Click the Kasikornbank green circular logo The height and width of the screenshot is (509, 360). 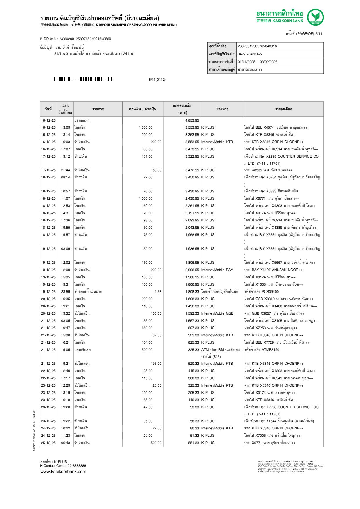click(x=315, y=17)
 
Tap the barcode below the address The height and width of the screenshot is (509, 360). click(x=83, y=79)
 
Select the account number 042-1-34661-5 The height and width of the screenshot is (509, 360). click(x=249, y=54)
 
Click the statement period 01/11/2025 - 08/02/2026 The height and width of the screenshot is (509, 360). click(x=257, y=62)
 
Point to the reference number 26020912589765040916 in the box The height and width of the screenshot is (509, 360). click(x=257, y=46)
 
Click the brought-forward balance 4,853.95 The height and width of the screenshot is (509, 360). click(x=192, y=120)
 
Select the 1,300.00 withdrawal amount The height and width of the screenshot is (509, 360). click(x=145, y=127)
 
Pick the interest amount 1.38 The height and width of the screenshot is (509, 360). click(x=158, y=292)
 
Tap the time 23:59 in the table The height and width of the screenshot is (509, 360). click(x=65, y=292)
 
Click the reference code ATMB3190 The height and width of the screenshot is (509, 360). click(x=270, y=350)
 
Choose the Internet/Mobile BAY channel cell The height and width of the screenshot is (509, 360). click(x=217, y=270)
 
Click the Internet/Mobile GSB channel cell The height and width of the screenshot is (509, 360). click(x=217, y=313)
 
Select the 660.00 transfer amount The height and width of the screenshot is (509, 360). click(x=147, y=328)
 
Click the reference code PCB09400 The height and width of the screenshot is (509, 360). click(x=270, y=292)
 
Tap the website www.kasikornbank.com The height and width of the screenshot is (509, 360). click(x=63, y=472)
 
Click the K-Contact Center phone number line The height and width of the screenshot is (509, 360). click(x=63, y=466)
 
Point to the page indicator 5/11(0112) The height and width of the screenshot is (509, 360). click(x=157, y=80)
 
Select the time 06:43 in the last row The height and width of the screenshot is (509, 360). click(x=65, y=443)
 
